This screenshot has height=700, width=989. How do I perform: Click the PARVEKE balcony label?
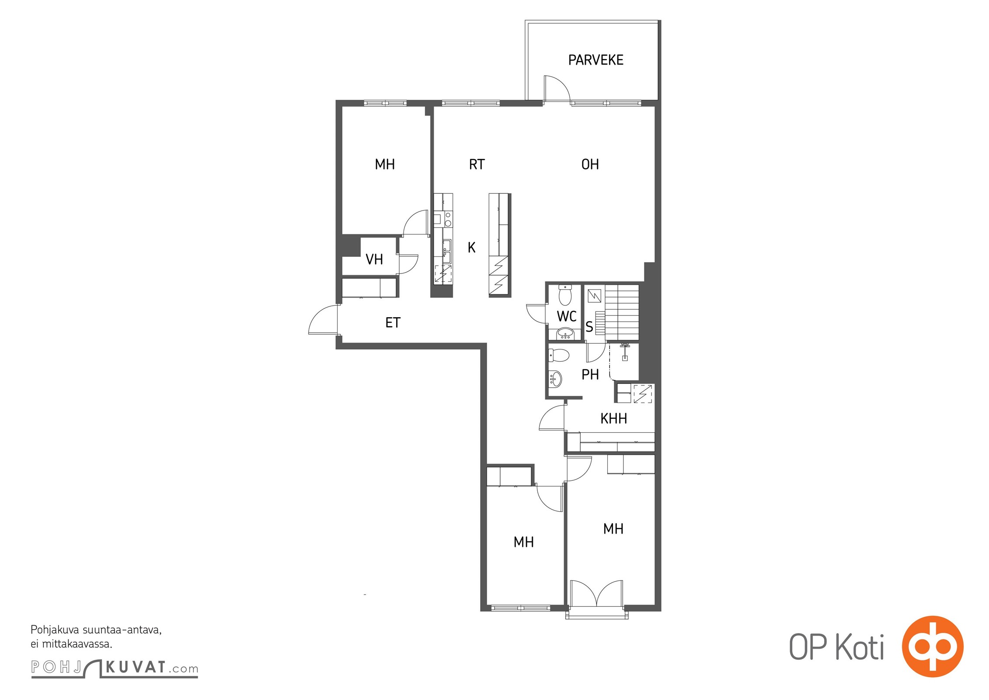click(595, 60)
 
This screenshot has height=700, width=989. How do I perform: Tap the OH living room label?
click(590, 164)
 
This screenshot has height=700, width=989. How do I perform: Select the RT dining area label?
click(477, 164)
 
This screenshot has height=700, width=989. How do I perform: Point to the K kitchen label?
click(471, 248)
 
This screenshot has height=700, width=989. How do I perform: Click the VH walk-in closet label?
click(374, 259)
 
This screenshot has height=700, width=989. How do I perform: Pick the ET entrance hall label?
click(393, 323)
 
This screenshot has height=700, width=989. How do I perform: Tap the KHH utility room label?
click(613, 419)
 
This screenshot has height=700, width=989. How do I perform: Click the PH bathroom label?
click(590, 374)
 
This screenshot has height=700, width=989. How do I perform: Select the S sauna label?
click(589, 327)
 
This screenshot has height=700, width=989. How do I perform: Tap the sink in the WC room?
click(567, 334)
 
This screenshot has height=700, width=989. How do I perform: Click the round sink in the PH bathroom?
click(555, 379)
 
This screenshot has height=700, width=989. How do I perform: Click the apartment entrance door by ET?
click(323, 320)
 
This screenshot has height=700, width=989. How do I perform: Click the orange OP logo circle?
click(933, 646)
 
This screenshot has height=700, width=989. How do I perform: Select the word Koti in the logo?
click(860, 647)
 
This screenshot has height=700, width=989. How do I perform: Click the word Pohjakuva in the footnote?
click(55, 630)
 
